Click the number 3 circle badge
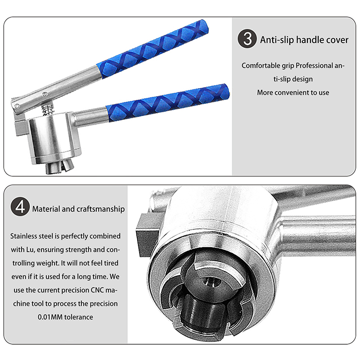click(x=247, y=39)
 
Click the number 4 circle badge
click(x=20, y=207)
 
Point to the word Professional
click(x=314, y=66)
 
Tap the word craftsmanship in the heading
click(x=100, y=209)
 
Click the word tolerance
click(x=79, y=317)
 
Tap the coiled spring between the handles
click(x=48, y=109)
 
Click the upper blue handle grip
click(x=153, y=49)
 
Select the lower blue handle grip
click(x=167, y=103)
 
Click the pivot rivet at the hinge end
click(x=17, y=106)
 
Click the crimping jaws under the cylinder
click(x=60, y=167)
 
